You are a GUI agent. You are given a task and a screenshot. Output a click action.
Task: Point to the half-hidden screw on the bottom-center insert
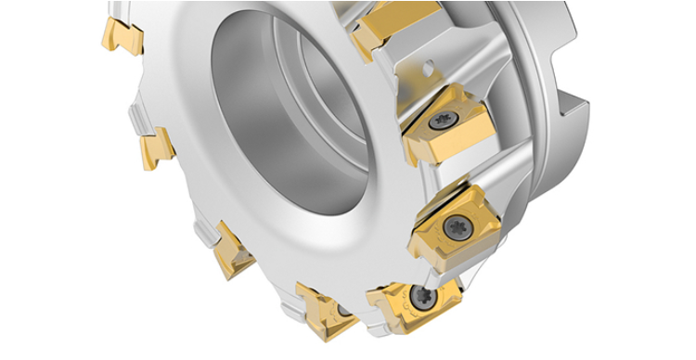click(x=344, y=309)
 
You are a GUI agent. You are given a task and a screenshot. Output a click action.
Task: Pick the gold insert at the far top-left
click(x=122, y=34)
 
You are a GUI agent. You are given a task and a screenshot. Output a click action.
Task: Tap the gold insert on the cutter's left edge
click(x=156, y=148)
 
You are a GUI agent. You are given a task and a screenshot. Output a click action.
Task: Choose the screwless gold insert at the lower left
click(x=232, y=252)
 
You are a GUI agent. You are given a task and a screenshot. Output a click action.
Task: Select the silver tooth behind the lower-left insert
click(x=206, y=234)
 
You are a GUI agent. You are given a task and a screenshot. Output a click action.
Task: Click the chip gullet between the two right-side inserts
click(x=483, y=172)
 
